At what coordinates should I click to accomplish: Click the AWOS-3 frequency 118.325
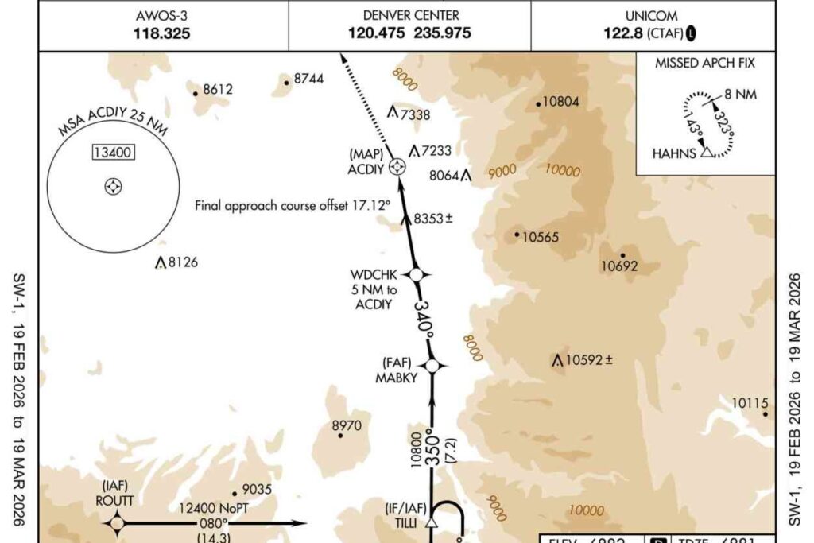click(x=164, y=34)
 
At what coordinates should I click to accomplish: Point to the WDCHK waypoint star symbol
click(x=416, y=274)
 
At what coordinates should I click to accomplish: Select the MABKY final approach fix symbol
click(x=432, y=366)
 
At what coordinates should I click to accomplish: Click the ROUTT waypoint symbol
click(x=118, y=523)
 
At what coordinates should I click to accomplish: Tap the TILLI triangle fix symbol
click(x=432, y=523)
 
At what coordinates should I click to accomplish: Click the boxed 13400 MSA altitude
click(x=114, y=153)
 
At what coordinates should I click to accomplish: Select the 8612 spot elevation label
click(x=218, y=89)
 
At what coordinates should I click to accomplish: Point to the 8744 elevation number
click(x=309, y=79)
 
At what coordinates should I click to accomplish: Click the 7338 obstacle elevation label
click(x=415, y=114)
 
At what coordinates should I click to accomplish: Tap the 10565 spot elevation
click(x=541, y=236)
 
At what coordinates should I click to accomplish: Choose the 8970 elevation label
click(x=347, y=426)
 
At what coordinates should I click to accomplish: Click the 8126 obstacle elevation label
click(x=182, y=262)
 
